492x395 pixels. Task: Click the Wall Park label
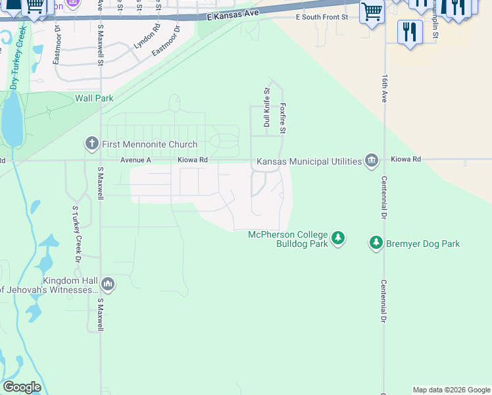point(94,98)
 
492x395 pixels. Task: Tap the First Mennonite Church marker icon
point(92,144)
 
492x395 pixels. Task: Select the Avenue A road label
point(135,160)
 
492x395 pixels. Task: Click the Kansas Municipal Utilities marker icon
point(372,161)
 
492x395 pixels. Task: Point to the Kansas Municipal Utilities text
point(309,161)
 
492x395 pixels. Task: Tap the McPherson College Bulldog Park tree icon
point(337,237)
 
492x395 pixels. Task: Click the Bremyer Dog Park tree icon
point(376,244)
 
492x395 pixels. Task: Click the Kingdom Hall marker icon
point(108,284)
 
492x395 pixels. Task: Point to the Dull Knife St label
point(267,107)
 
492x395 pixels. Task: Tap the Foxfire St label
point(282,118)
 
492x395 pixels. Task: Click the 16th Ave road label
point(384,87)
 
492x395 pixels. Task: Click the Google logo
point(22,387)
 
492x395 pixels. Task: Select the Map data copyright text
point(451,390)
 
